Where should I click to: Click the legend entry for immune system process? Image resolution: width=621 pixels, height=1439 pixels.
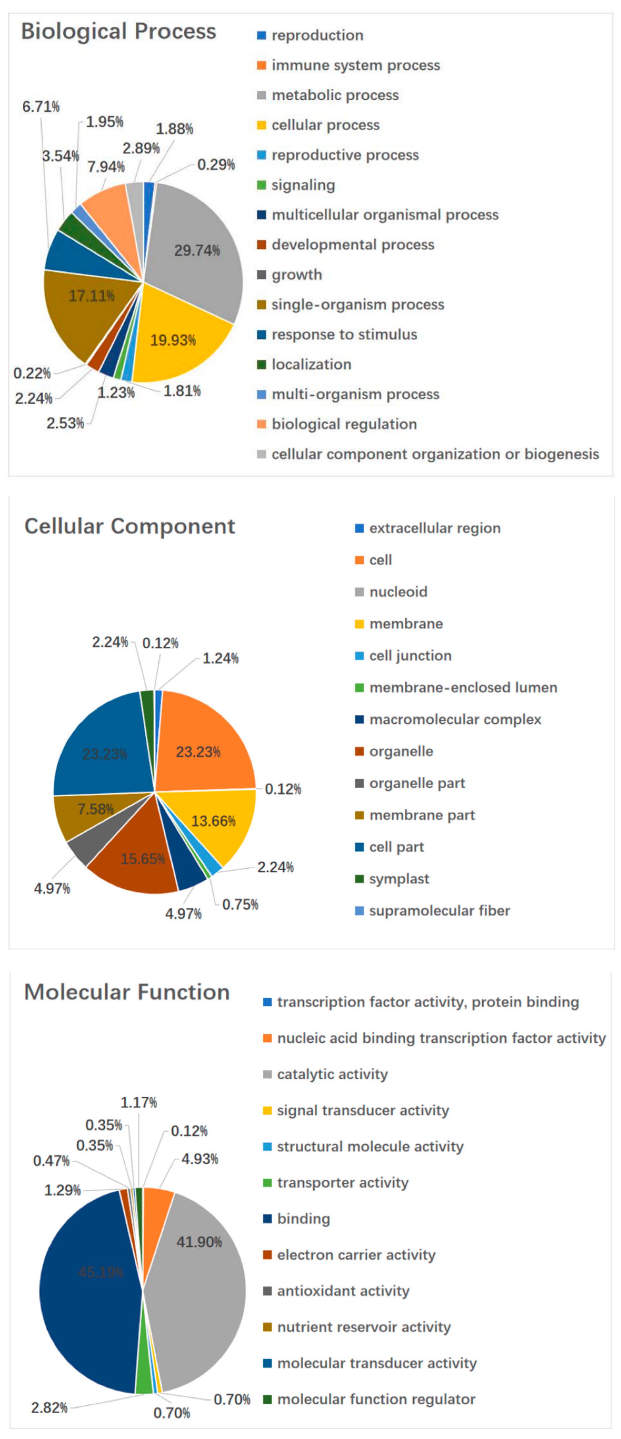click(355, 65)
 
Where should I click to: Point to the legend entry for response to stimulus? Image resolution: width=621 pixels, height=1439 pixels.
click(344, 335)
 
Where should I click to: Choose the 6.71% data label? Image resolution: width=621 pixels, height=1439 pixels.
click(41, 107)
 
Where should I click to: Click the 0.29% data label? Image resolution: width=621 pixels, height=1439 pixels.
click(216, 165)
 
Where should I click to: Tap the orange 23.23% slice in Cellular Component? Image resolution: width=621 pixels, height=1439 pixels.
click(198, 752)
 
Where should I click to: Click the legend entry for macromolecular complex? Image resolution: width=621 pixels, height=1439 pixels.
click(455, 719)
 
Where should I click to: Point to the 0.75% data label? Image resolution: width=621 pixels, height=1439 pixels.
click(240, 904)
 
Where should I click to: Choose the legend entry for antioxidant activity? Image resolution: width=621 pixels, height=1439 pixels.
click(343, 1291)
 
